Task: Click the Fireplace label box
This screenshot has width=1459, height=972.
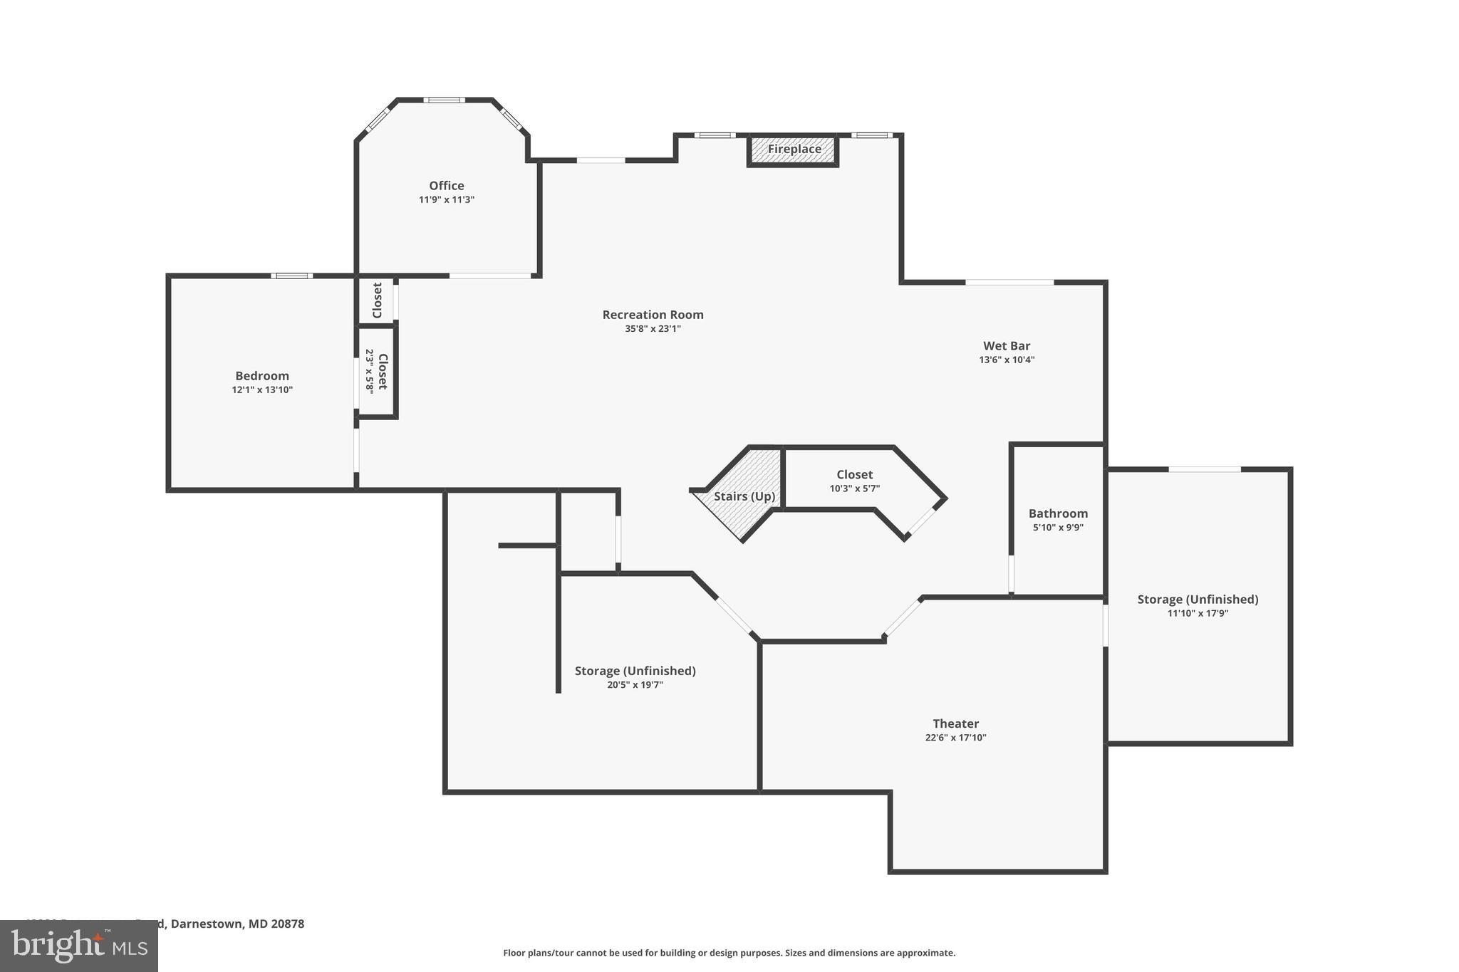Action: [x=794, y=150]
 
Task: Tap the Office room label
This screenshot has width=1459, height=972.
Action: [x=446, y=186]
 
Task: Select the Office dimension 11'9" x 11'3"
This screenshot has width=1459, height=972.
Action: [x=446, y=200]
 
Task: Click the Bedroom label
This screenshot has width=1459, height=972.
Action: [x=262, y=376]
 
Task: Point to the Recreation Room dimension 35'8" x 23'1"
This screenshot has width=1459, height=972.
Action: [x=653, y=329]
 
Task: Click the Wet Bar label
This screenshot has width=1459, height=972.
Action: [x=1007, y=346]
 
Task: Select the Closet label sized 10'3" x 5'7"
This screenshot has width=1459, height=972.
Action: [x=854, y=474]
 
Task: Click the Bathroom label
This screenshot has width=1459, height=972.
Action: [x=1058, y=513]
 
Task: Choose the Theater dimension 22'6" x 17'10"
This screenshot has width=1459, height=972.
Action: [x=955, y=738]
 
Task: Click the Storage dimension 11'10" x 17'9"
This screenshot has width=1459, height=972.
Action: [x=1198, y=613]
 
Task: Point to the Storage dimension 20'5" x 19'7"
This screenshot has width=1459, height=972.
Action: [x=635, y=685]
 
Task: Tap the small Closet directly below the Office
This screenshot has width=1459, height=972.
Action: [x=377, y=301]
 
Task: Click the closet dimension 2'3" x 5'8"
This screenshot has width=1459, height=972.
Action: [x=369, y=371]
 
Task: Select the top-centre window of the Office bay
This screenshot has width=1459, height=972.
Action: [x=444, y=100]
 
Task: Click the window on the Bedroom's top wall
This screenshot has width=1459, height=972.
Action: [x=291, y=276]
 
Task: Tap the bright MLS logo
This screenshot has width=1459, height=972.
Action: [x=78, y=946]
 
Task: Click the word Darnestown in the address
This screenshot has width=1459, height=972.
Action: [x=207, y=924]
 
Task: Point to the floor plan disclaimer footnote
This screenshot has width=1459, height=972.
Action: [x=729, y=953]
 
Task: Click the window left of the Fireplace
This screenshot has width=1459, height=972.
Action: [x=715, y=135]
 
